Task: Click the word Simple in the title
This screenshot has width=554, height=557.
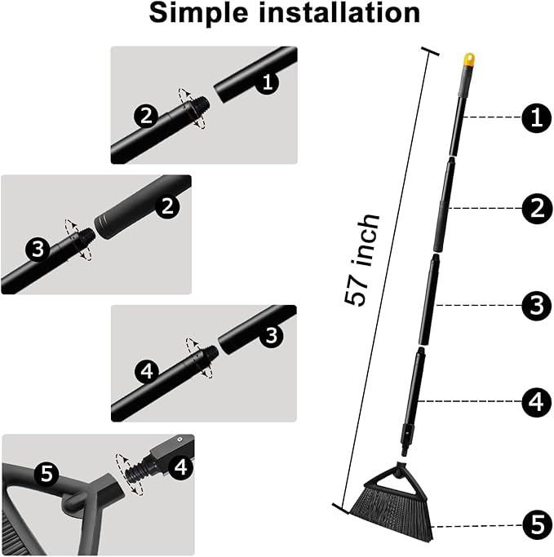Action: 198,14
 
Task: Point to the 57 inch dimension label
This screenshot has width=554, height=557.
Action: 361,260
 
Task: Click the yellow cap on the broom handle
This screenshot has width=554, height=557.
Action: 469,60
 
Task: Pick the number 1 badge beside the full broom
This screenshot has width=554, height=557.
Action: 537,117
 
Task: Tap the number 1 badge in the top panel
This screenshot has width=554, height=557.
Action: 268,82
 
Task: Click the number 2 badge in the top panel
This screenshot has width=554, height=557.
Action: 146,116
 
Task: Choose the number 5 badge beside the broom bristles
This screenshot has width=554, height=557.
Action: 538,525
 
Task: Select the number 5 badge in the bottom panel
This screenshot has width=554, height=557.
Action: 47,474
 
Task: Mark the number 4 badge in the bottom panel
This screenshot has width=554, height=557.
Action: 181,466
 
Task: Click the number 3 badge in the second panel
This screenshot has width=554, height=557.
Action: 38,248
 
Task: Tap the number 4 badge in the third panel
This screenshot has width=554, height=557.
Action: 147,372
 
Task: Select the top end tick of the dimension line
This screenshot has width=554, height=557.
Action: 430,51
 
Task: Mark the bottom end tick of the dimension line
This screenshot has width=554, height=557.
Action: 340,509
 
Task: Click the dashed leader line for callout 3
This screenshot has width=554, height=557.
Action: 479,305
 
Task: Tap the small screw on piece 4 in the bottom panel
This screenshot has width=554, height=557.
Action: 179,439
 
